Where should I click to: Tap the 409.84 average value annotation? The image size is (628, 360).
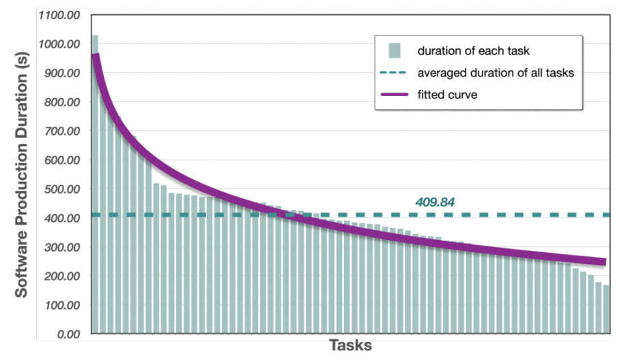[x=435, y=202]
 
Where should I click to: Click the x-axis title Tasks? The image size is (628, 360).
[x=351, y=346]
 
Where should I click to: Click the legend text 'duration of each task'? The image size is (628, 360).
[x=473, y=51]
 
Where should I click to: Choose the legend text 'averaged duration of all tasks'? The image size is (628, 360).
[x=496, y=73]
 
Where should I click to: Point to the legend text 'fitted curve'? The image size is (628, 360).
[x=447, y=95]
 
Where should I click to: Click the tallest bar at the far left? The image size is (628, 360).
[x=95, y=191]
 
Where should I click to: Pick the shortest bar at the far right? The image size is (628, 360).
[x=606, y=310]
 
